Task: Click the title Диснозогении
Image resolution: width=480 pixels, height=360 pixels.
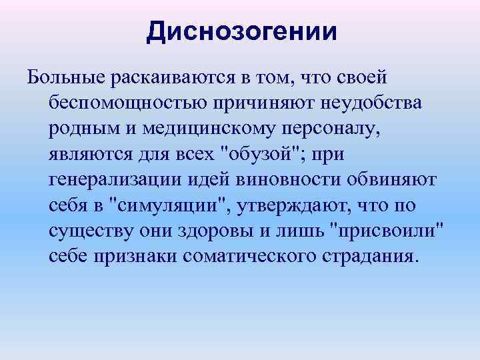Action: (242, 31)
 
